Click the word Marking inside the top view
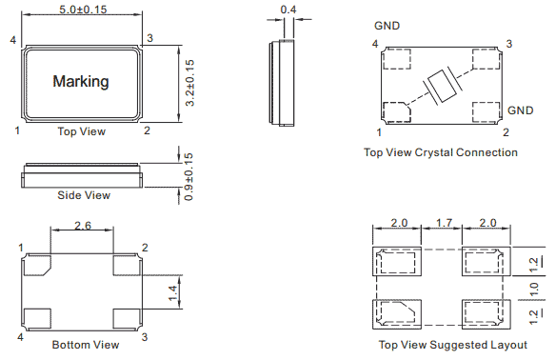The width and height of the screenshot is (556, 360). pyautogui.click(x=81, y=81)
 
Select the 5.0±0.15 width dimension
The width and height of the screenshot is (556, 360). pyautogui.click(x=83, y=10)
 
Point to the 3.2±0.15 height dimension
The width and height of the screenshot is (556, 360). pyautogui.click(x=189, y=83)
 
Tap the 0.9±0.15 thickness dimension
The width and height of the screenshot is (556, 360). pyautogui.click(x=189, y=176)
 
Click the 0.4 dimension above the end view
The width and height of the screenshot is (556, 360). pyautogui.click(x=288, y=10)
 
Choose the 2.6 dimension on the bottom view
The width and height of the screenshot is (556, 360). pyautogui.click(x=83, y=226)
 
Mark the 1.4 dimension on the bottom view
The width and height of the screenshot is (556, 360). pyautogui.click(x=172, y=293)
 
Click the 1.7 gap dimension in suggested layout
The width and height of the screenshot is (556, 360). pyautogui.click(x=444, y=223)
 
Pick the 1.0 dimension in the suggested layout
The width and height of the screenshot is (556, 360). pyautogui.click(x=534, y=290)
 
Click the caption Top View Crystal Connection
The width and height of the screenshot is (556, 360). pyautogui.click(x=441, y=152)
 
